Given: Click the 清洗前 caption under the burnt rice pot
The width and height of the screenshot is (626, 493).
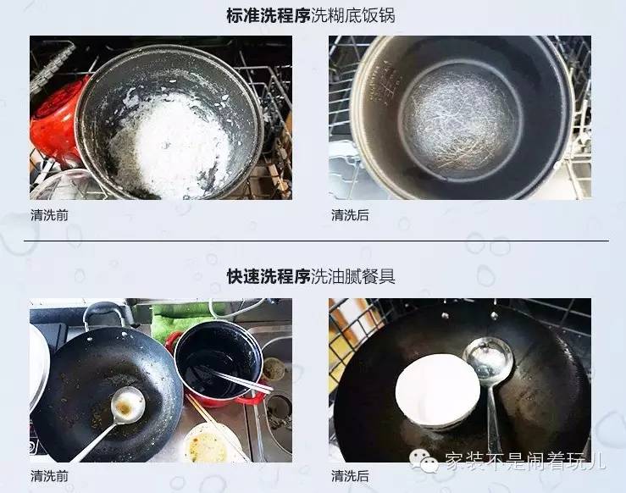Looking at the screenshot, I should point(49,215).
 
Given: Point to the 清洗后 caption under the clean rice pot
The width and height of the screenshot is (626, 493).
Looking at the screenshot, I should point(350,215).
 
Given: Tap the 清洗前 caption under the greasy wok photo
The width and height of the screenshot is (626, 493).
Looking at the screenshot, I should point(49,475).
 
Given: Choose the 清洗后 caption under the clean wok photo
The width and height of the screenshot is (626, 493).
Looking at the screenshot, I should point(350,475).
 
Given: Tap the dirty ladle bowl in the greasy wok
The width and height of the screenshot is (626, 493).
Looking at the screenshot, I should point(127,402).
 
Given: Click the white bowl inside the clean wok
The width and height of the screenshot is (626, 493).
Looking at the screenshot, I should point(437,390).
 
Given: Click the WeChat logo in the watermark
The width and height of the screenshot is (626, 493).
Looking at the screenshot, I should point(420,461).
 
